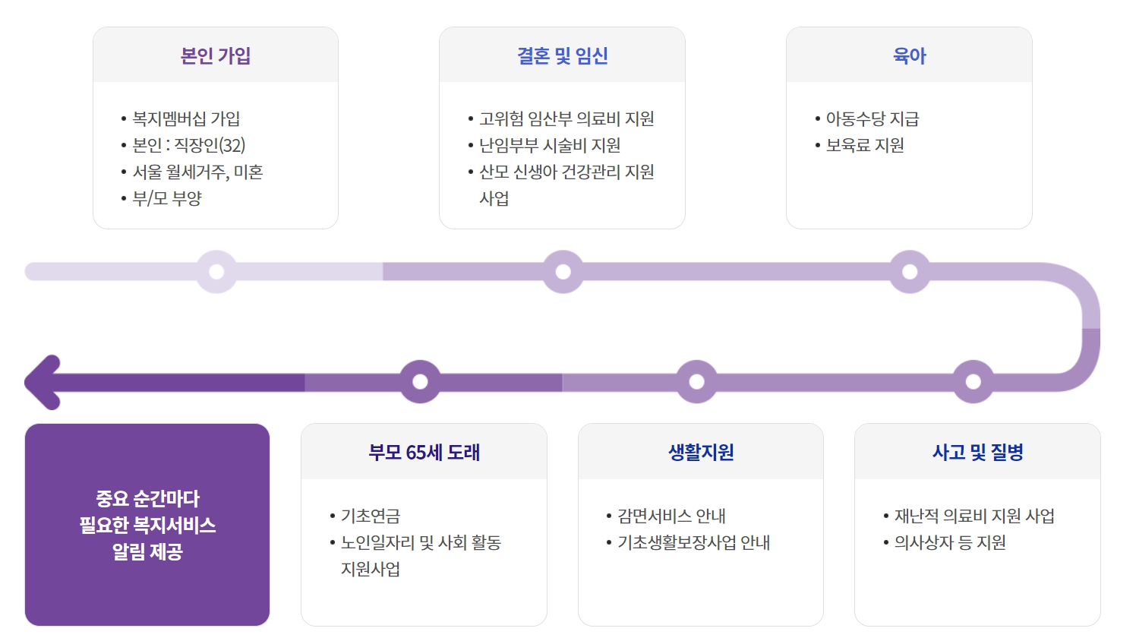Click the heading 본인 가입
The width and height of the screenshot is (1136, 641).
pos(216,55)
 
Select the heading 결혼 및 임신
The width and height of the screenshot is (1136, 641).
pos(562,55)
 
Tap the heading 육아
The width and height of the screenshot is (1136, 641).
pos(909,55)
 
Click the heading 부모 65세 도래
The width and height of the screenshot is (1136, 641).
pos(424,452)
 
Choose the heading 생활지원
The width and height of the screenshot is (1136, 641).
pos(701,452)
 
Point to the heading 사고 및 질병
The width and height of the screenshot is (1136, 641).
pos(977,452)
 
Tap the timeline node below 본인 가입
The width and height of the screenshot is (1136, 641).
pos(216,272)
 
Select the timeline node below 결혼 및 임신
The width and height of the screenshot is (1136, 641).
pos(563,272)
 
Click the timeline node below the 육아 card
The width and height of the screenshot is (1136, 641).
pos(910,272)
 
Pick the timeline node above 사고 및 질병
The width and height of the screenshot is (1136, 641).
pos(973,382)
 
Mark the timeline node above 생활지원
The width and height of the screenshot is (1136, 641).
pos(696,382)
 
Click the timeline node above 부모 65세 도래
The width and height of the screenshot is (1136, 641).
pos(420,382)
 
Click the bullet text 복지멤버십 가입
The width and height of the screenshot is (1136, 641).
pos(186,118)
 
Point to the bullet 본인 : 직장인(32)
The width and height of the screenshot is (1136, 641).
pos(188,145)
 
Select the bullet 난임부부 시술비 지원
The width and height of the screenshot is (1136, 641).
pos(550,145)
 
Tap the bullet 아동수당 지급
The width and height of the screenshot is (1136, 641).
pos(872,118)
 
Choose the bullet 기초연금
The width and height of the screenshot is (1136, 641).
pos(371,516)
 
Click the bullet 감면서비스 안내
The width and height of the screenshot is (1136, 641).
pos(671,516)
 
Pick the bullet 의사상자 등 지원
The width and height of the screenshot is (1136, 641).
pos(950,542)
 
